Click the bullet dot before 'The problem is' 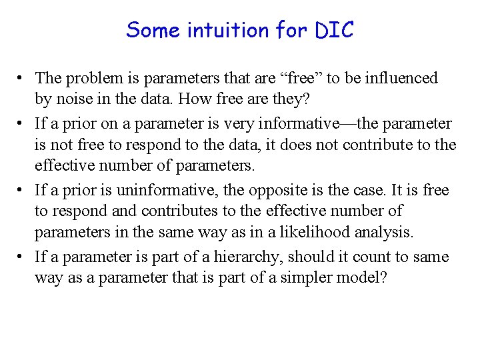point(23,79)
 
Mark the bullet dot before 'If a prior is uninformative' point(23,191)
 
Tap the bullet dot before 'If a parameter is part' point(23,257)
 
